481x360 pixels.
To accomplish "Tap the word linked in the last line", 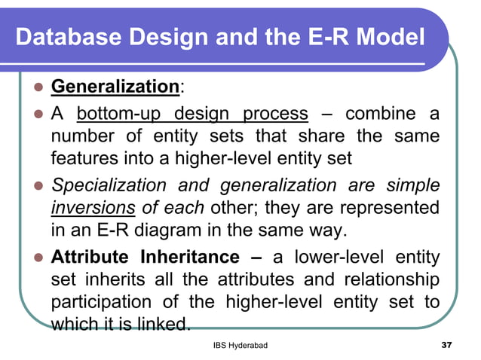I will [165, 325].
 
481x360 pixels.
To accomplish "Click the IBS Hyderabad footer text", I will [240, 345].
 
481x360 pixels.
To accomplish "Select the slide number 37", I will [446, 345].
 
